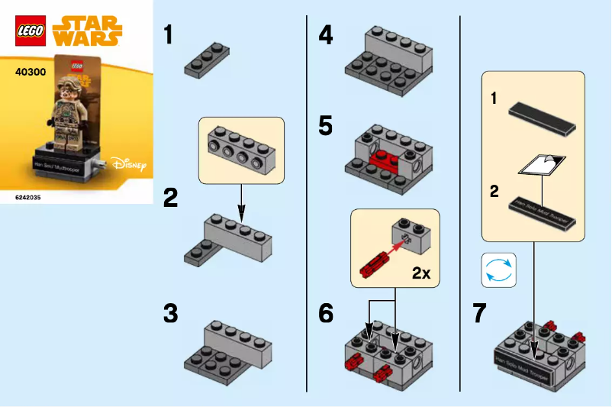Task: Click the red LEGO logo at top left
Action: click(x=30, y=31)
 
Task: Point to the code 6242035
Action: click(x=28, y=196)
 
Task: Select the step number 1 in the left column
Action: click(x=169, y=34)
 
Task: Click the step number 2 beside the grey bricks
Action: click(x=171, y=198)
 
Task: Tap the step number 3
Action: click(x=171, y=313)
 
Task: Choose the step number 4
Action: click(x=326, y=34)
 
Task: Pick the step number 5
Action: click(x=326, y=125)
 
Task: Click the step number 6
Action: click(x=326, y=313)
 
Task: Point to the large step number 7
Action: click(x=479, y=313)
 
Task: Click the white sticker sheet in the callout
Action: click(x=542, y=162)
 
